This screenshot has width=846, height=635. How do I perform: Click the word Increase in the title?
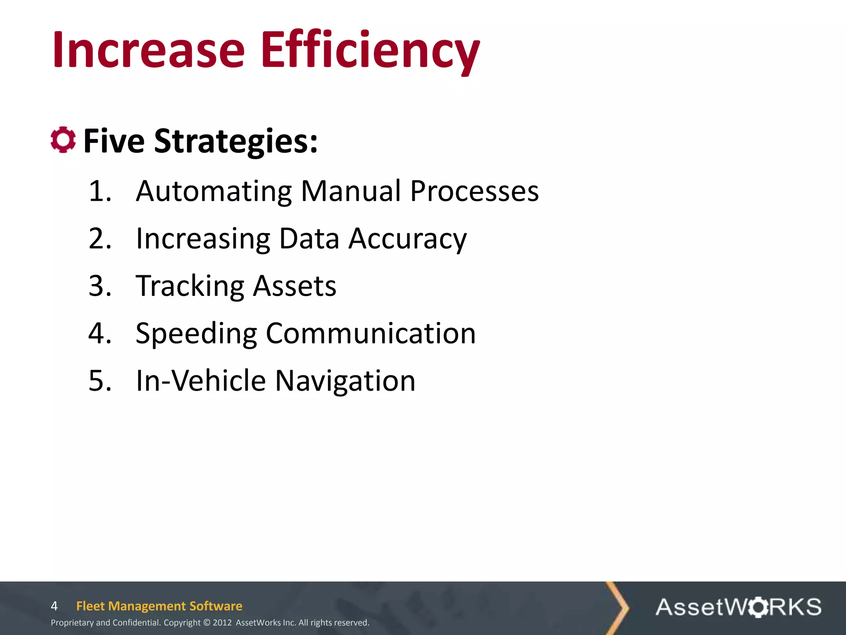tap(149, 50)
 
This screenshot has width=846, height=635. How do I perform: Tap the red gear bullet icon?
tap(63, 140)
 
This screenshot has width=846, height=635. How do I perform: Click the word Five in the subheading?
tap(114, 141)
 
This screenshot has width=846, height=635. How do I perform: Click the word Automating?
tap(214, 191)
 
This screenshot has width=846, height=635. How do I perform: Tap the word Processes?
tap(474, 191)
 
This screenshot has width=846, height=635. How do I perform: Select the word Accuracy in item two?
tap(407, 239)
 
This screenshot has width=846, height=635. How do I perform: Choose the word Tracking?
tap(190, 286)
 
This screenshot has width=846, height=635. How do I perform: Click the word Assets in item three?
tap(295, 286)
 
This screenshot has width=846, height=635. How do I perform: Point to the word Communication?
tap(371, 333)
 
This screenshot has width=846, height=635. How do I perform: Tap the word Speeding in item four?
tap(196, 334)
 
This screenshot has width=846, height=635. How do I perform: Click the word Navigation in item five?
tap(345, 381)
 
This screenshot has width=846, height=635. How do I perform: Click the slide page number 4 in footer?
tap(54, 606)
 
